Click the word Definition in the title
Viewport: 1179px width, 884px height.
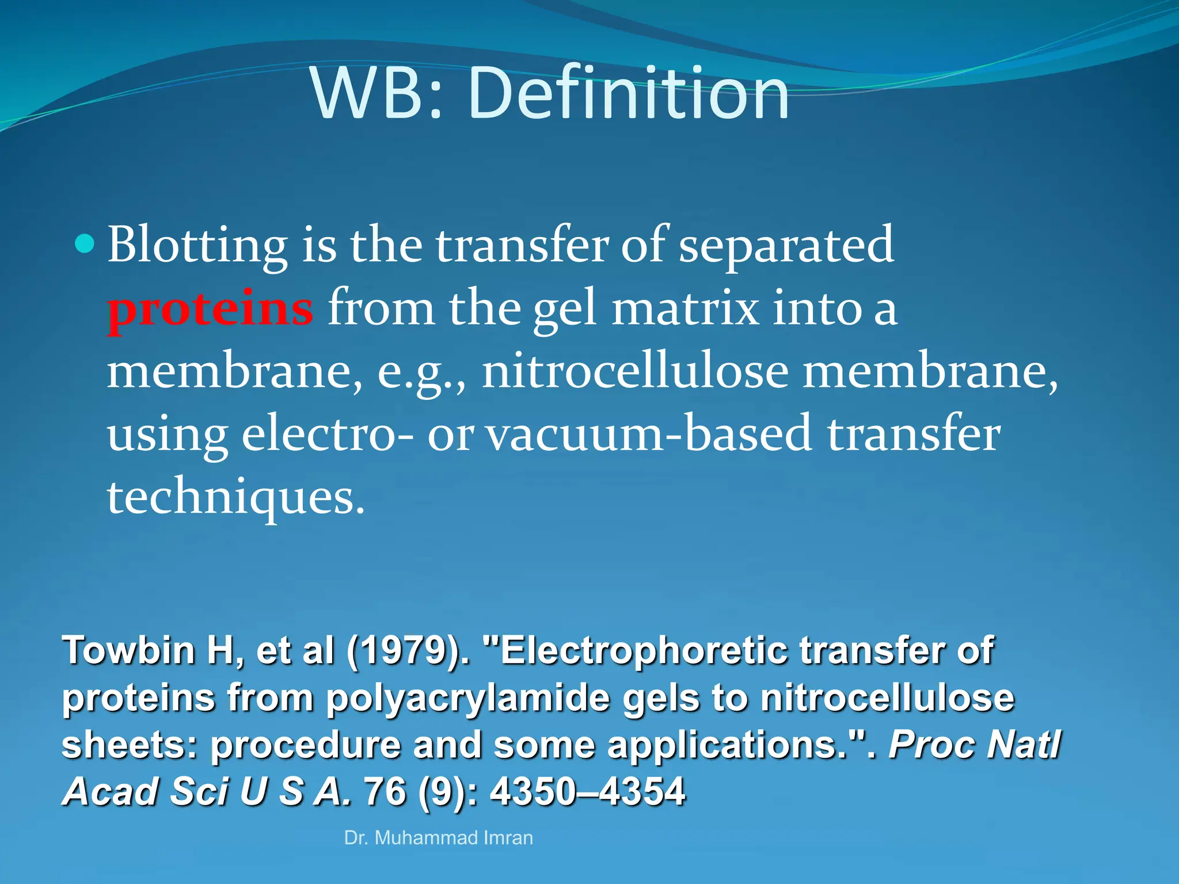pos(629,94)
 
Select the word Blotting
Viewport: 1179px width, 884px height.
pos(197,245)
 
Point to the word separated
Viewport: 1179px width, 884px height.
pos(786,245)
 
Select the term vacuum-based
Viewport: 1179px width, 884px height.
pos(651,434)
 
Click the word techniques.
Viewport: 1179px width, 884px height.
pos(236,497)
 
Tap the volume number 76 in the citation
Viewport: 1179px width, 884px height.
pos(385,792)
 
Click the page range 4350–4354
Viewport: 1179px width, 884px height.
pos(587,792)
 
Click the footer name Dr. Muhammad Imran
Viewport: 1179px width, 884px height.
pos(438,838)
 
